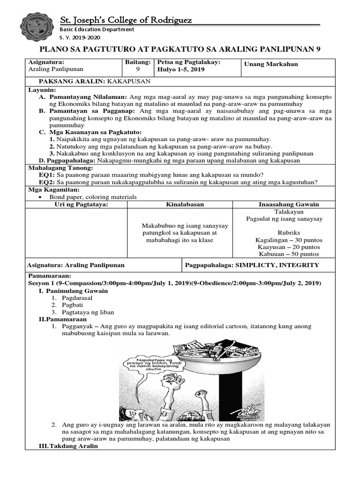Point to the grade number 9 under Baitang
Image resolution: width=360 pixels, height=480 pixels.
coord(138,69)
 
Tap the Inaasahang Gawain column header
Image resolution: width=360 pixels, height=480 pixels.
coord(289,204)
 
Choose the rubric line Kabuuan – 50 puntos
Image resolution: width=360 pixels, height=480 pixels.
coord(289,254)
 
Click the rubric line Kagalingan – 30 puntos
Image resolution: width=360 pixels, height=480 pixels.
coord(289,240)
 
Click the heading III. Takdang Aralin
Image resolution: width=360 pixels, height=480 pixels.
coord(68,446)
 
